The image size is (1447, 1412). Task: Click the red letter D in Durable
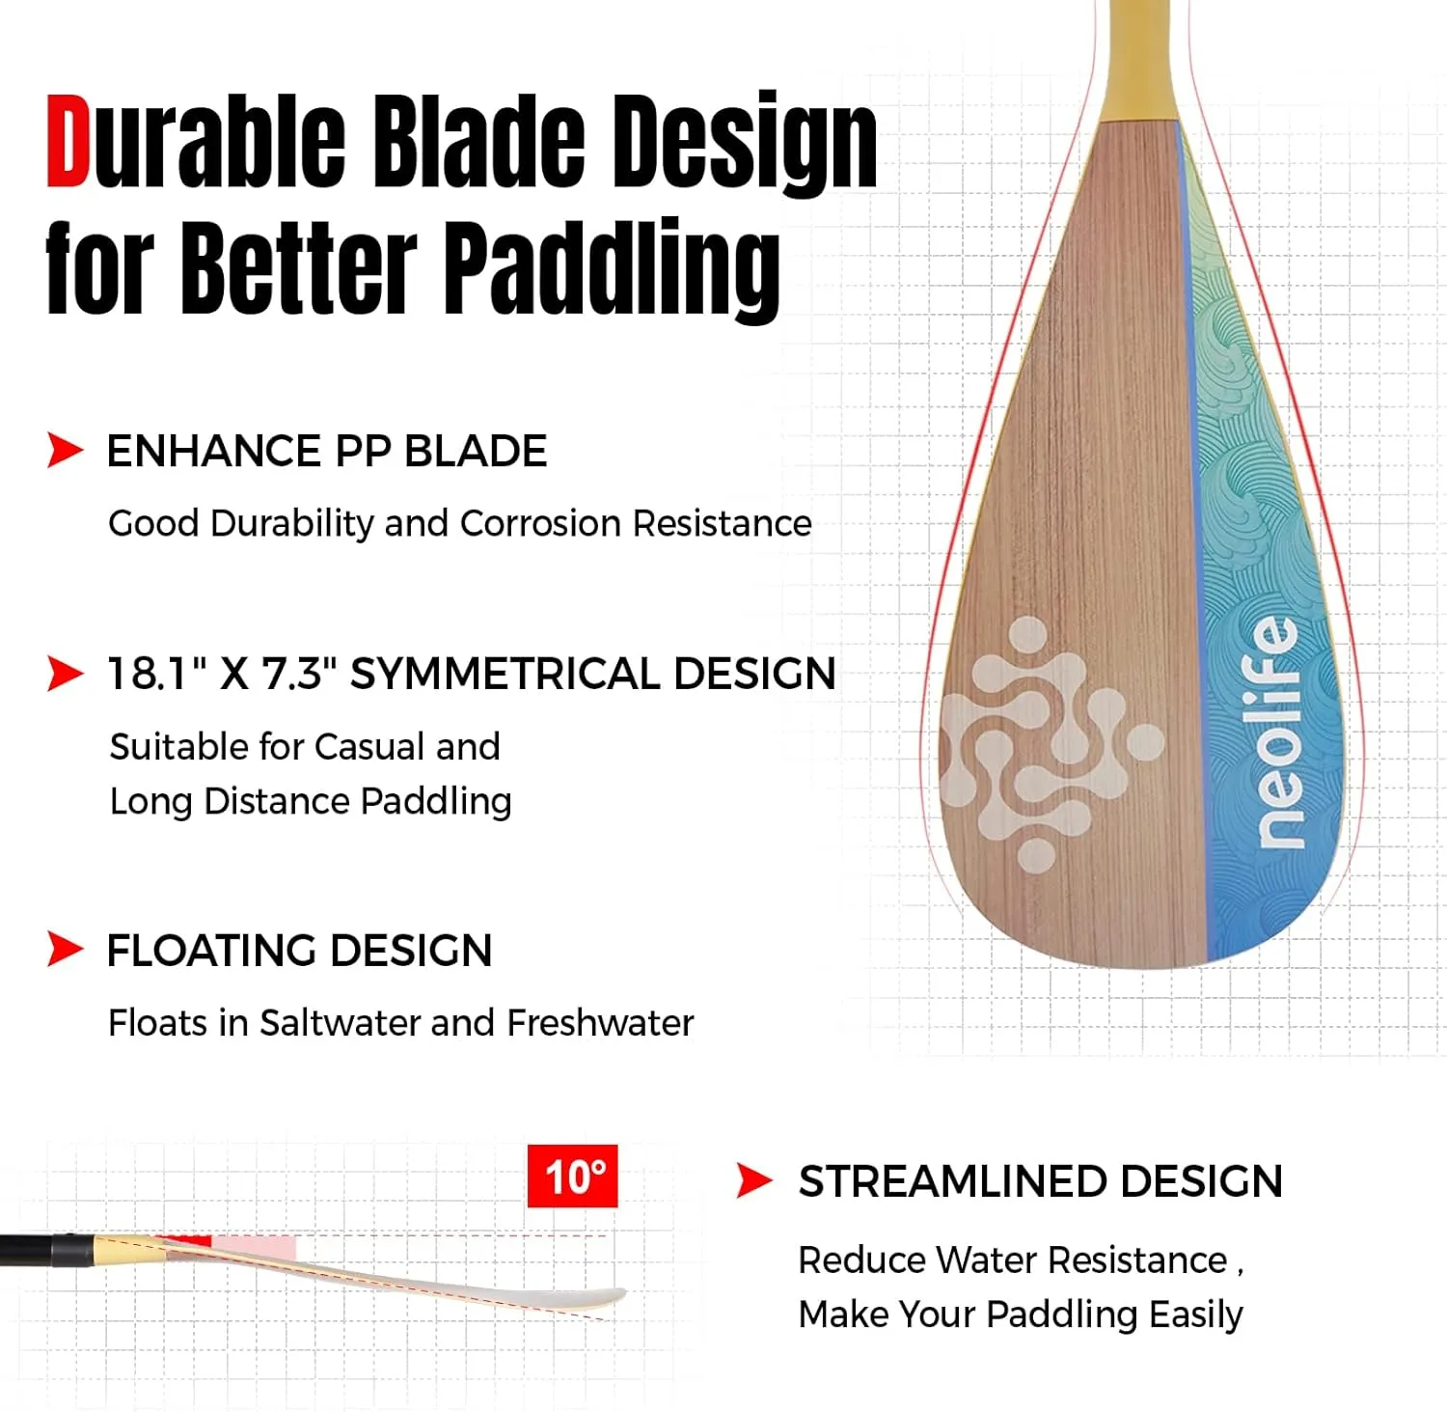(x=68, y=141)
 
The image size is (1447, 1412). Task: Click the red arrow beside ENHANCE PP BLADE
(x=65, y=450)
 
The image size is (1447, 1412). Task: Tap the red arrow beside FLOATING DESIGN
(x=65, y=949)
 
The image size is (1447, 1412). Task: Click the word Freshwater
(x=600, y=1023)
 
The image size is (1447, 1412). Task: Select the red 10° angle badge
(x=573, y=1177)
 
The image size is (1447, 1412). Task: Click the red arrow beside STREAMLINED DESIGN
(x=754, y=1180)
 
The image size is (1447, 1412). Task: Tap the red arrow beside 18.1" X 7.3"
(x=65, y=673)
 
